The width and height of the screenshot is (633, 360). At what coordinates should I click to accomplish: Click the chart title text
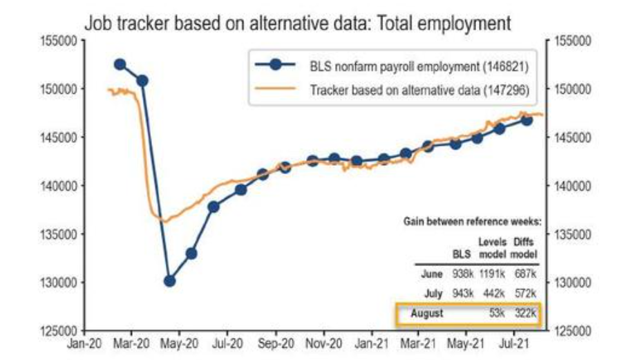coord(297,23)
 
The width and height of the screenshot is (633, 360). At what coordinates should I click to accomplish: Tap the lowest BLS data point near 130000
coord(169,281)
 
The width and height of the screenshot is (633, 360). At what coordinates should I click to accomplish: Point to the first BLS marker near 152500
coord(120,64)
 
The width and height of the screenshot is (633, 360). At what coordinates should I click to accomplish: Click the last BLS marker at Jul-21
coord(527,120)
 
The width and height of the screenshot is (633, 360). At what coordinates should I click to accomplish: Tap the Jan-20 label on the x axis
coord(85,342)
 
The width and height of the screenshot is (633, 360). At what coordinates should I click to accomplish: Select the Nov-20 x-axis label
coord(325,342)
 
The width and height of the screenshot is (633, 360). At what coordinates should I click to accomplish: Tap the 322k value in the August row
coord(525,314)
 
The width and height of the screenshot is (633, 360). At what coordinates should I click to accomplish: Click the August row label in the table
coord(426,314)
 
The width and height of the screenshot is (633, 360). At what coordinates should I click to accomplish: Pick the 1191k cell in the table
coord(492,274)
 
